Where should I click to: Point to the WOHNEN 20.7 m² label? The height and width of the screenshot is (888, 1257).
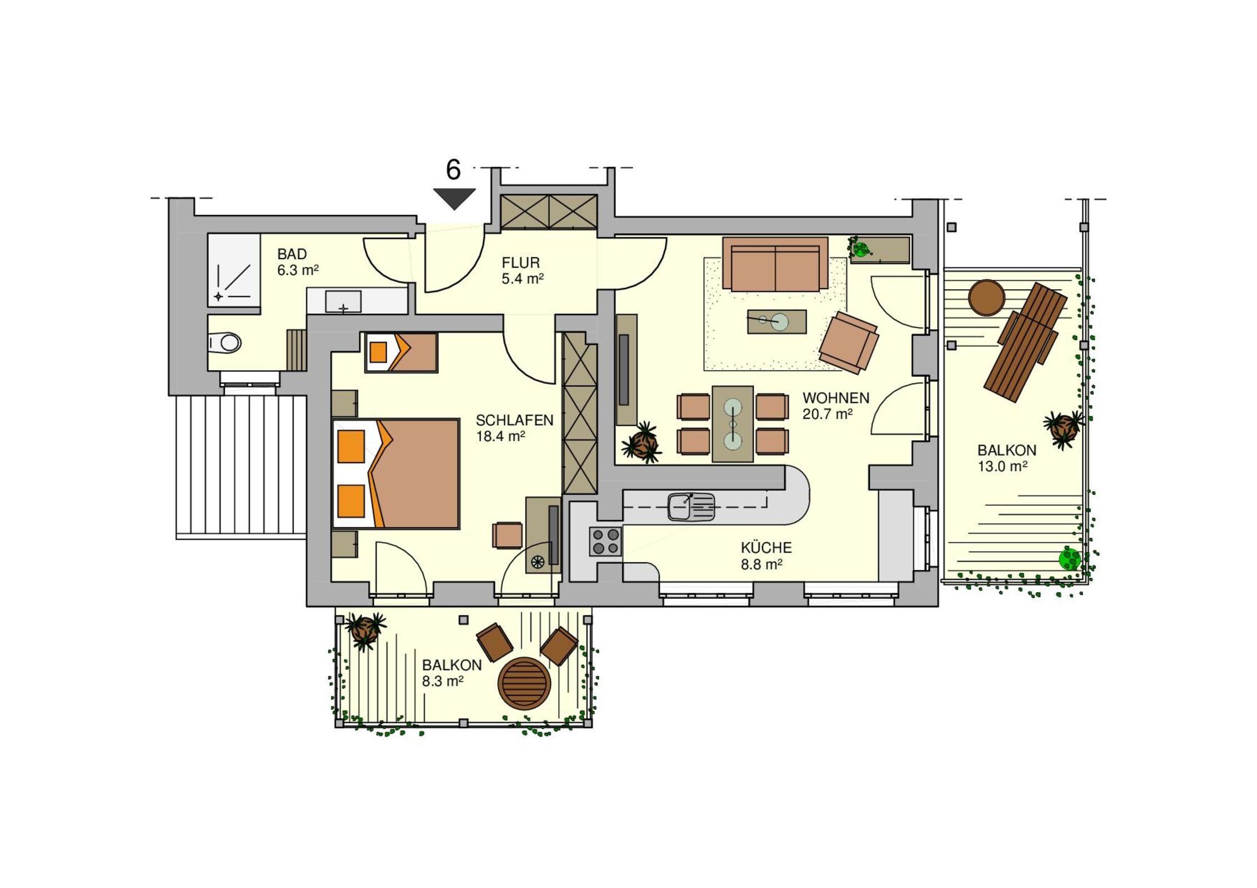(836, 406)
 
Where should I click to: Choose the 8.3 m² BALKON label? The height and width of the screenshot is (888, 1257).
(452, 673)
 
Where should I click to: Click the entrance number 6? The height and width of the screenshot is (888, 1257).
(453, 170)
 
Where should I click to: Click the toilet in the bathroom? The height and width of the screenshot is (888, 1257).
(225, 342)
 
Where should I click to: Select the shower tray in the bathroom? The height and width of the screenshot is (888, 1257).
(234, 270)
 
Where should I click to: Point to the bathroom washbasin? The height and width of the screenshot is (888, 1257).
(343, 302)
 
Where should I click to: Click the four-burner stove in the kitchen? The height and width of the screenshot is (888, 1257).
(605, 541)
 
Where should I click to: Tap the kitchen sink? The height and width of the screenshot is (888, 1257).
(691, 507)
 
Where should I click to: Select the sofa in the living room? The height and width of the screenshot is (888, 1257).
(775, 264)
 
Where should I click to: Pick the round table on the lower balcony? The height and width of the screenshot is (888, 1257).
(524, 683)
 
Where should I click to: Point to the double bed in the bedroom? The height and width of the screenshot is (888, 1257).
(395, 473)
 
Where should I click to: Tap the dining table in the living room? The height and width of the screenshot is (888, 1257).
(733, 424)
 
